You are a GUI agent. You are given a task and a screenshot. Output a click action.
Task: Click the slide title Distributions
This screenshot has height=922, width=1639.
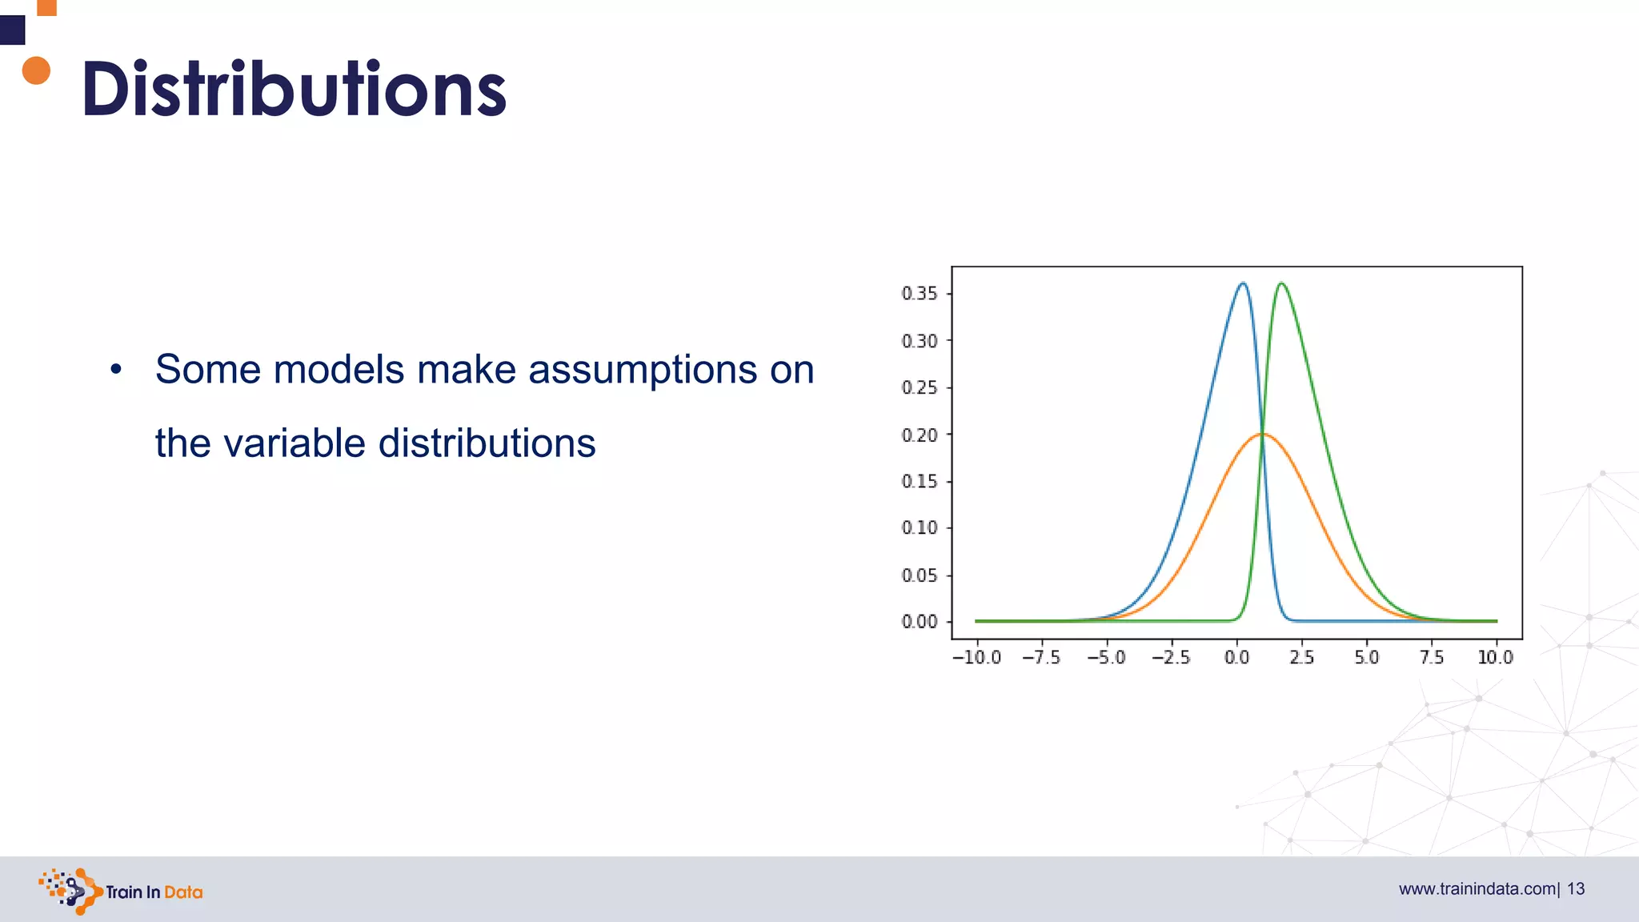click(x=294, y=89)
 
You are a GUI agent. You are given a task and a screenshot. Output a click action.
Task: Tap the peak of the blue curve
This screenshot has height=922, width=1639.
click(x=1242, y=283)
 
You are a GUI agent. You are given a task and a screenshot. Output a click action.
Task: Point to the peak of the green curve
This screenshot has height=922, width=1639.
click(x=1281, y=283)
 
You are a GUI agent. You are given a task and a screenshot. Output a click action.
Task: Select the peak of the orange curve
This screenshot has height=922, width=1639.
click(x=1262, y=434)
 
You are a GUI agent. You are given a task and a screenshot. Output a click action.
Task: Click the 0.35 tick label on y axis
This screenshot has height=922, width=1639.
click(x=919, y=294)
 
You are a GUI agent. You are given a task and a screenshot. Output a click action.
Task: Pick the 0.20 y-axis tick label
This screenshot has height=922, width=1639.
click(x=919, y=435)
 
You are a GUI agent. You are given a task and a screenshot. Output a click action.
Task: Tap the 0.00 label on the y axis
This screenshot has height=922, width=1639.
click(x=919, y=622)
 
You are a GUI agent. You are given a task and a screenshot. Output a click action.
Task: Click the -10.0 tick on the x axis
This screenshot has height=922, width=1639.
click(x=976, y=658)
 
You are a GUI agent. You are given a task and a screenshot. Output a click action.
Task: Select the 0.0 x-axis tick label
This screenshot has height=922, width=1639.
click(x=1236, y=658)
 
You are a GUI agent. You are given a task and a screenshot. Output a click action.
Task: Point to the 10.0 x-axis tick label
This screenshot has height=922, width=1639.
click(x=1495, y=658)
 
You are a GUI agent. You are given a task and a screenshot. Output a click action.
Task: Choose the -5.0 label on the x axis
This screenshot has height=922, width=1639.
click(x=1106, y=658)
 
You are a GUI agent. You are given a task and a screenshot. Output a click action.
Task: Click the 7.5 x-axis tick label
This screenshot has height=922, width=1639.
click(x=1431, y=658)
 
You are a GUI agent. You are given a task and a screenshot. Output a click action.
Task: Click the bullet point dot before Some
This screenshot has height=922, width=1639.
click(x=116, y=370)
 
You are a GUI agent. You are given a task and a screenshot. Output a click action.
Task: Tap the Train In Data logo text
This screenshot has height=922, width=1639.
click(x=154, y=892)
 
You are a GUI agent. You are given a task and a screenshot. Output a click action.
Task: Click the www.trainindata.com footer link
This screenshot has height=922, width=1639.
click(x=1477, y=889)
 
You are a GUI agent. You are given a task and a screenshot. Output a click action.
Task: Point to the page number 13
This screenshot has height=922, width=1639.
click(x=1576, y=889)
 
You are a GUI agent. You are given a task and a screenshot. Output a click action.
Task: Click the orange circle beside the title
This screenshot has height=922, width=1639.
click(x=36, y=70)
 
